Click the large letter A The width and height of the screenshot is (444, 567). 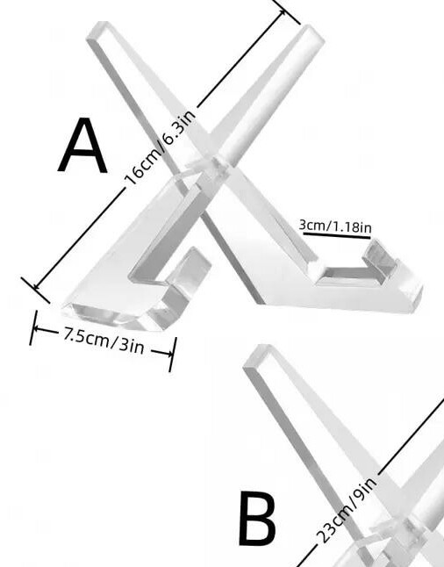[x=82, y=146]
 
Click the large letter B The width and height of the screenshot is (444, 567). [x=257, y=520]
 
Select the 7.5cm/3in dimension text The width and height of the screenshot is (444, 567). [x=104, y=341]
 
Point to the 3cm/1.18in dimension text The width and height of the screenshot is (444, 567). [x=335, y=226]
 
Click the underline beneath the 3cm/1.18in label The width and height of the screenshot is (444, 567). [x=337, y=235]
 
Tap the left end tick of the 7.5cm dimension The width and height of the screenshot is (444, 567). [x=33, y=327]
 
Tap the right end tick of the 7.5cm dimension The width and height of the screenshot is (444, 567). [x=173, y=355]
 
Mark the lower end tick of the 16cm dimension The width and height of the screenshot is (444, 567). [x=35, y=290]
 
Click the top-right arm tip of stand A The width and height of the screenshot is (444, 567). [x=312, y=33]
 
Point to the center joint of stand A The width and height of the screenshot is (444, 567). [x=213, y=169]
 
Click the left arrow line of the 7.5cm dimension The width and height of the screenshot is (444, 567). [x=47, y=330]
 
